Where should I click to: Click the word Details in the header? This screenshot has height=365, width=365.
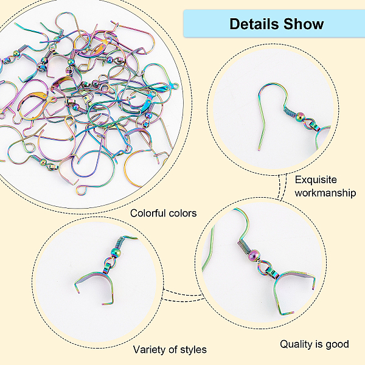[x=253, y=24]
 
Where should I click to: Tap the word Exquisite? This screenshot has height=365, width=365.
[x=316, y=180]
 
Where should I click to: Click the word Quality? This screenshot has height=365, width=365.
[x=297, y=344]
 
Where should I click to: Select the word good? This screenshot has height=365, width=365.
[x=337, y=344]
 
